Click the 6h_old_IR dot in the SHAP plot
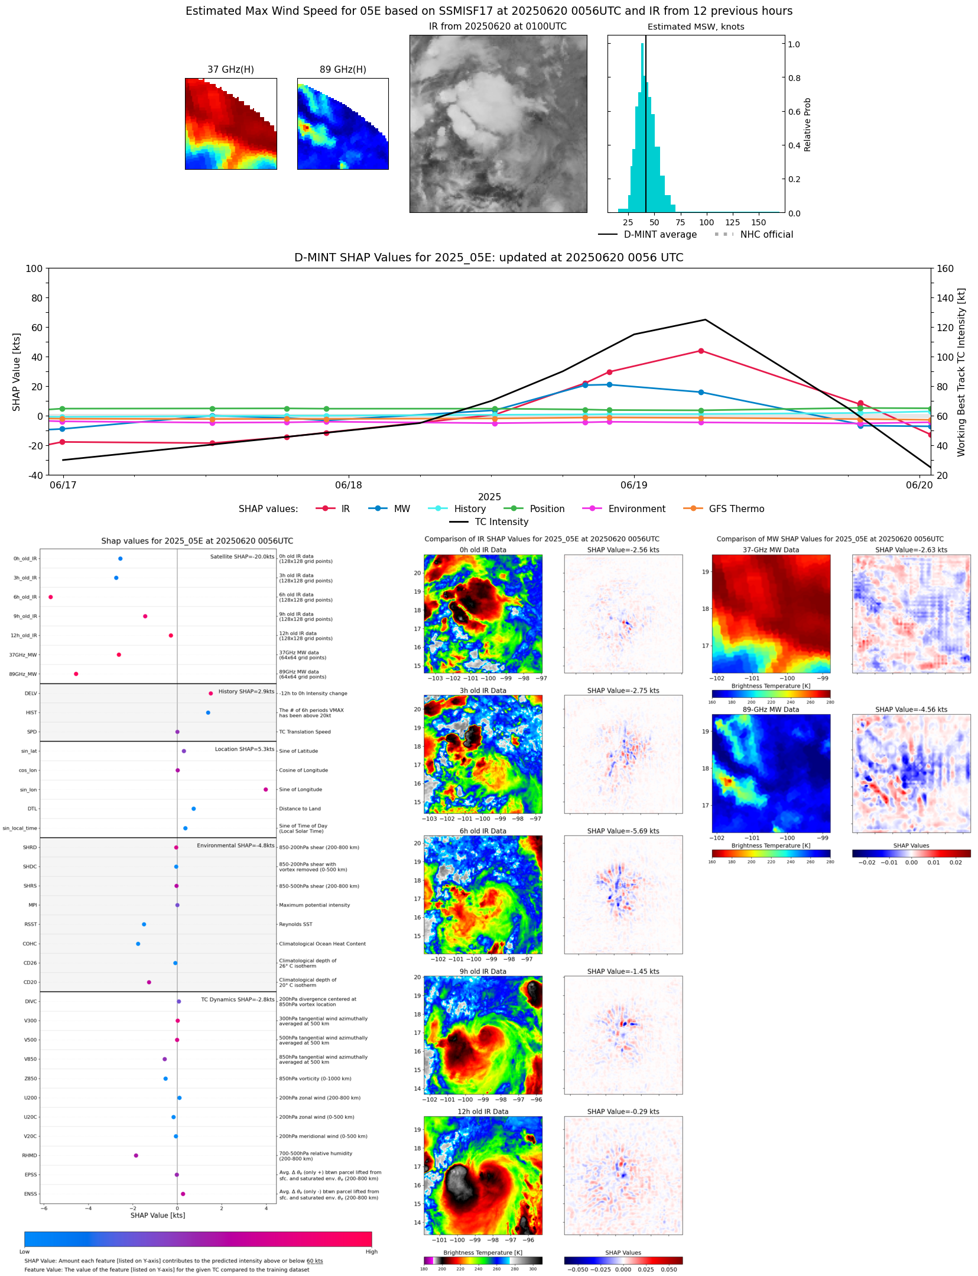(x=51, y=597)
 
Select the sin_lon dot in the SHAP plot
(x=266, y=789)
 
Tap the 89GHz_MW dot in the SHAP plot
(x=76, y=674)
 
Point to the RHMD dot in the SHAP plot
(x=136, y=1155)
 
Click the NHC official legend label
(x=766, y=235)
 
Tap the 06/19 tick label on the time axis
(x=633, y=485)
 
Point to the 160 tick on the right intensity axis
(x=945, y=268)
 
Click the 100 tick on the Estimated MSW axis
(x=706, y=223)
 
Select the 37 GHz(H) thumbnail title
(x=230, y=70)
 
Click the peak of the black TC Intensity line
(x=705, y=320)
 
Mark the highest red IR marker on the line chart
(x=701, y=351)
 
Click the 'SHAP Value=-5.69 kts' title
(x=623, y=831)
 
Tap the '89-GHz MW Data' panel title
(x=771, y=710)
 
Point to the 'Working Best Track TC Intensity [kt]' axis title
(x=961, y=373)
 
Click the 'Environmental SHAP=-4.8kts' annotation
(x=235, y=846)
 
